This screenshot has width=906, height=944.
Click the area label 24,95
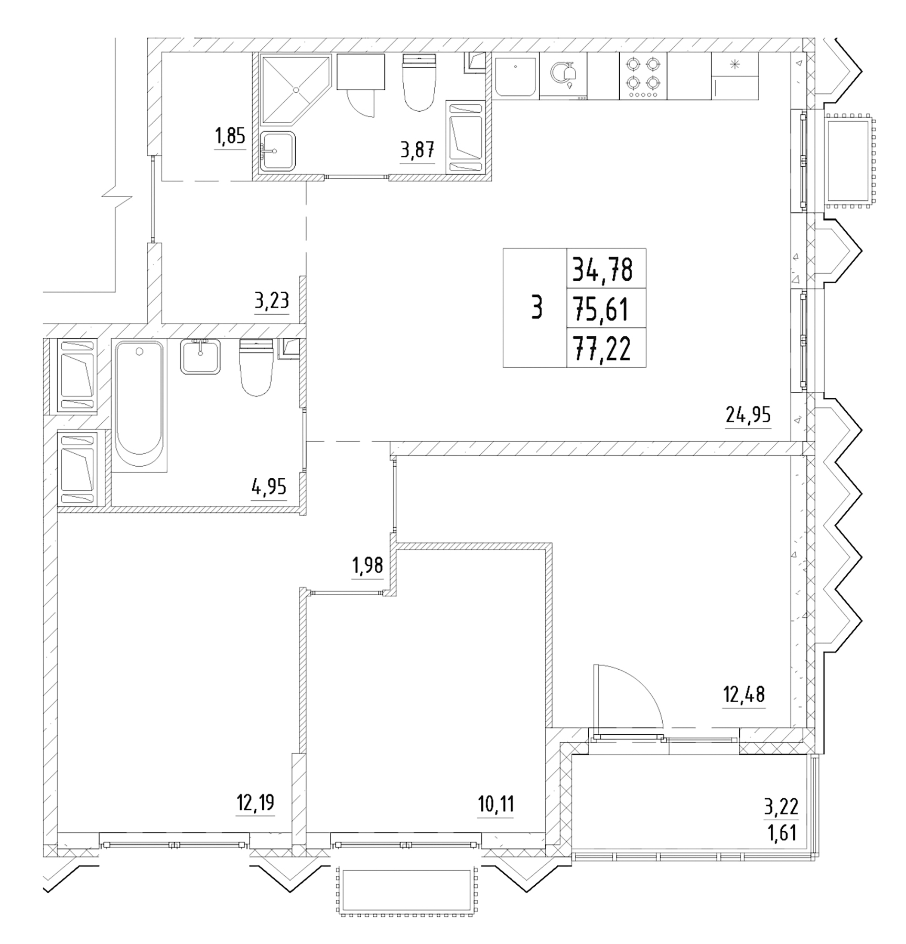(x=748, y=415)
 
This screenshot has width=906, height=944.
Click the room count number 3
(x=536, y=308)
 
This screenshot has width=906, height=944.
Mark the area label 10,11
(x=495, y=803)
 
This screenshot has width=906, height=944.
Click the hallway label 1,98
(x=367, y=566)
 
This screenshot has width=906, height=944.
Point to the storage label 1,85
(x=230, y=136)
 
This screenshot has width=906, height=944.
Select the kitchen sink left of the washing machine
(x=515, y=77)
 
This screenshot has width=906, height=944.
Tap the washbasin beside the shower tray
(x=277, y=151)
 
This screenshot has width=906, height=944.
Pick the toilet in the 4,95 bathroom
(x=256, y=367)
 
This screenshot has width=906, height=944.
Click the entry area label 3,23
(x=272, y=302)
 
